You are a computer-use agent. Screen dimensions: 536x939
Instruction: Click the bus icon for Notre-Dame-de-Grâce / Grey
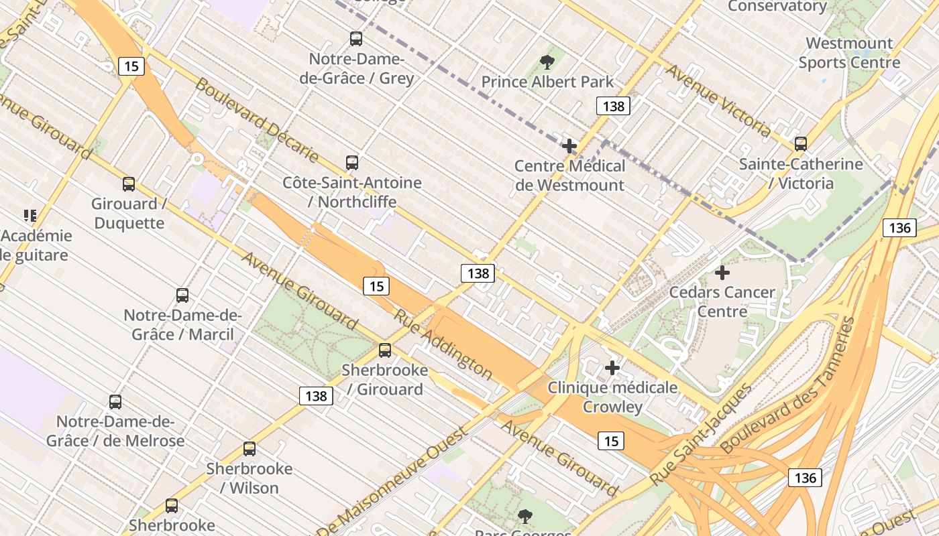(x=356, y=39)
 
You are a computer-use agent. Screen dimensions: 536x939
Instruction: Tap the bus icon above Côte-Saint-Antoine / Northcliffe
(x=352, y=162)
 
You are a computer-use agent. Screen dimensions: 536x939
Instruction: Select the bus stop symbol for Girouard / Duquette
(x=129, y=184)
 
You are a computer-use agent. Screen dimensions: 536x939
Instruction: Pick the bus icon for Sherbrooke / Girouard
(x=385, y=350)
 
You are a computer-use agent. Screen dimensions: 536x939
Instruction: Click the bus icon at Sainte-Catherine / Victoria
(x=800, y=143)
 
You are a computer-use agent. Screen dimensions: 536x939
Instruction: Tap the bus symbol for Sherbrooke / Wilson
(x=250, y=448)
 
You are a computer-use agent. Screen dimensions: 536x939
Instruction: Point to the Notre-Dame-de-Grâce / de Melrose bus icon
(x=115, y=401)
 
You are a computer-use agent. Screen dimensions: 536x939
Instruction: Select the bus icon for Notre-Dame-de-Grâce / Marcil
(x=182, y=295)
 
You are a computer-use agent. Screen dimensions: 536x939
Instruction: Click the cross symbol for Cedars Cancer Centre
(x=722, y=273)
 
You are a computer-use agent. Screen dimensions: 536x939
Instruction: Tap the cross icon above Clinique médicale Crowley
(x=612, y=368)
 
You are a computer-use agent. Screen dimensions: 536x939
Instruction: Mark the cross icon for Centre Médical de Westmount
(x=569, y=146)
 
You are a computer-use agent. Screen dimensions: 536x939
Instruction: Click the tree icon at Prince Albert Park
(x=547, y=62)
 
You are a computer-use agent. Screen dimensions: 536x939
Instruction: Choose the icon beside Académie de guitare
(x=30, y=216)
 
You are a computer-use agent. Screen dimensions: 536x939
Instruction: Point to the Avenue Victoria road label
(x=718, y=100)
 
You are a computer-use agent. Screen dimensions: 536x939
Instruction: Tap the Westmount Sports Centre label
(x=849, y=53)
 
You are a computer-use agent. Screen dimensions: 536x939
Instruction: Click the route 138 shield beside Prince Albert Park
(x=613, y=106)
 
